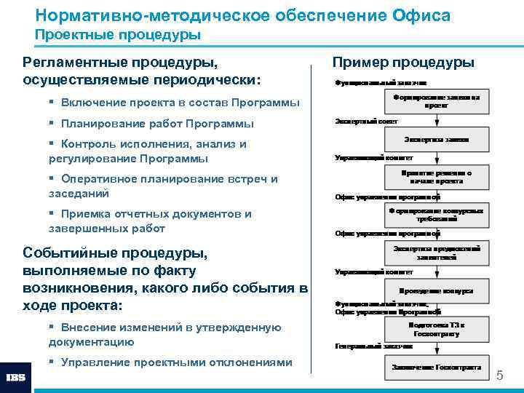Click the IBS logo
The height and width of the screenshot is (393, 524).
(x=16, y=378)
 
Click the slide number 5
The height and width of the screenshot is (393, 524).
(x=499, y=376)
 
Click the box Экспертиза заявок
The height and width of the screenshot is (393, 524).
(x=436, y=139)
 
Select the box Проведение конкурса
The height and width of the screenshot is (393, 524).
(x=436, y=290)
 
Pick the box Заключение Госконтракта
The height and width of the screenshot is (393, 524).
(x=436, y=366)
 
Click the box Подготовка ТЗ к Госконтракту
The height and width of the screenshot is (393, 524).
(x=436, y=328)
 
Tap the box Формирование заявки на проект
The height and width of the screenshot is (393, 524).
(x=436, y=101)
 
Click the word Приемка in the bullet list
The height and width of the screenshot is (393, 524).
(x=87, y=214)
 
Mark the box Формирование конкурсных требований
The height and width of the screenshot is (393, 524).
(x=436, y=215)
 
